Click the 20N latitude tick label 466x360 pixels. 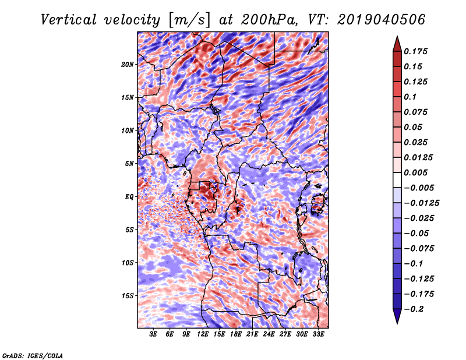point(128,65)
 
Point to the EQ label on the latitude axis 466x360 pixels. point(129,197)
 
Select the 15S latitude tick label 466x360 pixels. point(128,296)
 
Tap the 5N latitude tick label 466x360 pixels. point(129,164)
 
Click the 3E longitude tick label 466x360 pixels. point(153,334)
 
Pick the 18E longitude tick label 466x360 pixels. point(236,334)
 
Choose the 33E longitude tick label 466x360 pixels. point(318,334)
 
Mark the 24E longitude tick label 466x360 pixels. point(269,334)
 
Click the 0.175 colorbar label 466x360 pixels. point(415,51)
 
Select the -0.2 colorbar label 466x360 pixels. point(414,309)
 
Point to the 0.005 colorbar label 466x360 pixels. point(415,172)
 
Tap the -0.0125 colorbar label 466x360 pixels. point(421,203)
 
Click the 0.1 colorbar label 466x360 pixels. point(410,97)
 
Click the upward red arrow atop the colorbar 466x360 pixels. point(397,44)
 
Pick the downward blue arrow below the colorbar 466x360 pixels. point(397,316)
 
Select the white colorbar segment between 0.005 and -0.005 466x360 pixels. point(397,180)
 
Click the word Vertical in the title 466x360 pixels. point(69,20)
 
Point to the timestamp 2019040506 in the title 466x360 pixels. point(381,20)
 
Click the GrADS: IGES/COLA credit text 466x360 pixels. point(33,355)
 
